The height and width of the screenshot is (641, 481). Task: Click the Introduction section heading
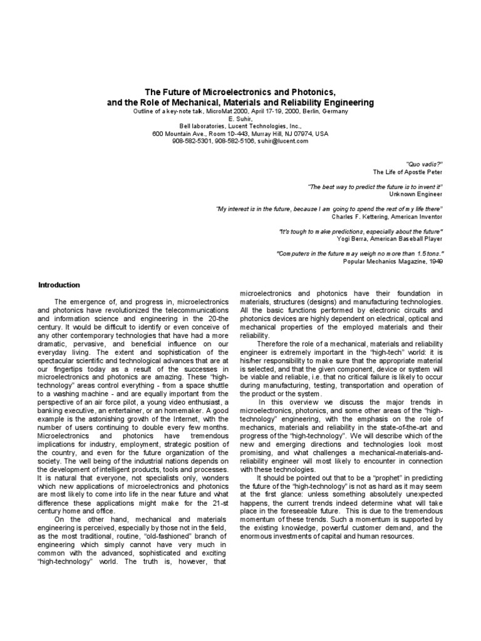click(59, 285)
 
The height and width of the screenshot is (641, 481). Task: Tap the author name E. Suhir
click(240, 118)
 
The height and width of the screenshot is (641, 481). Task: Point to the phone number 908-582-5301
click(189, 141)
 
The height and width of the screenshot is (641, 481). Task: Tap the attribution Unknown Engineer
click(415, 193)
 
